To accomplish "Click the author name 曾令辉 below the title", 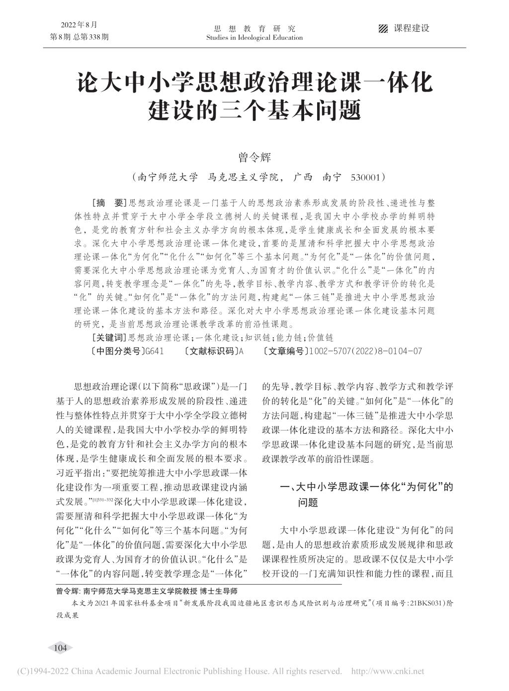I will tap(254, 158).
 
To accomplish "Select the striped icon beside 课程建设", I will tap(383, 28).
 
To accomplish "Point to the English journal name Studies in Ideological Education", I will tap(254, 38).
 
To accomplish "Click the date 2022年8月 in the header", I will tap(79, 25).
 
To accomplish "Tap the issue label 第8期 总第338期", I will tap(80, 37).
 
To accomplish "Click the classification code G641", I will tap(153, 351).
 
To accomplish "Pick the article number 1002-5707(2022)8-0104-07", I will tap(365, 351).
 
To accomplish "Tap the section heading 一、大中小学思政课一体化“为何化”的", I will tap(367, 488).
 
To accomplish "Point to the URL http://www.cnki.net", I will tap(388, 672).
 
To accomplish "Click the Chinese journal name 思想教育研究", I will tap(254, 28).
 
